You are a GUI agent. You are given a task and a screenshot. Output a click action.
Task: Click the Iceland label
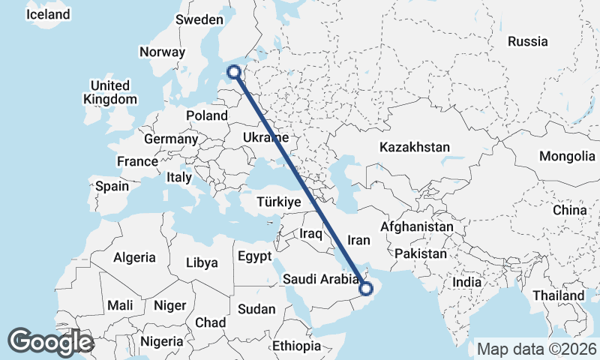(48, 14)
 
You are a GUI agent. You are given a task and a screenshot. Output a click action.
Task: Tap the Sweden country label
(199, 20)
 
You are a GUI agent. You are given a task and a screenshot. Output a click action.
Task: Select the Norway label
(162, 52)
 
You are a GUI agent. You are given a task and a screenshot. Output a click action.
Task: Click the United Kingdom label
(110, 92)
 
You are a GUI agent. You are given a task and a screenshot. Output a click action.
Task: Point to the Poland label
(207, 115)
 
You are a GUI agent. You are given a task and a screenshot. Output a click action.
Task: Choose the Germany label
(171, 139)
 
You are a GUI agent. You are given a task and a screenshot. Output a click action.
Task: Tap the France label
(137, 161)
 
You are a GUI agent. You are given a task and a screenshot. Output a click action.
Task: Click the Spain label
(112, 186)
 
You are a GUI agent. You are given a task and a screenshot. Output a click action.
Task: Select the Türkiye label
(278, 202)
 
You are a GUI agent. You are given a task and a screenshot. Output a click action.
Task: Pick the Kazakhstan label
(415, 147)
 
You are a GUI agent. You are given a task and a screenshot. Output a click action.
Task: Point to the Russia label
(528, 41)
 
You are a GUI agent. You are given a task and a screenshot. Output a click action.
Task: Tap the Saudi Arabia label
(321, 279)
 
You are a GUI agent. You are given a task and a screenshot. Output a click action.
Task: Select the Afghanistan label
(417, 226)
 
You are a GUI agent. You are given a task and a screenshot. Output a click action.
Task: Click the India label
(467, 282)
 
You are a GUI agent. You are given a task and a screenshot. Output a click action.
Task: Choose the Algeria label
(135, 257)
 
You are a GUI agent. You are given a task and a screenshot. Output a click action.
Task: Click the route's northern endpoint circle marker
(235, 72)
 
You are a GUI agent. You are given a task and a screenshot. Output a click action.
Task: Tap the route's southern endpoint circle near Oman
(366, 288)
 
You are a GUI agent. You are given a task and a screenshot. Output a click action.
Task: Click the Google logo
(50, 341)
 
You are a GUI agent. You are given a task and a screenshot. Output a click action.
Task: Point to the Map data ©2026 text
(536, 349)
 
